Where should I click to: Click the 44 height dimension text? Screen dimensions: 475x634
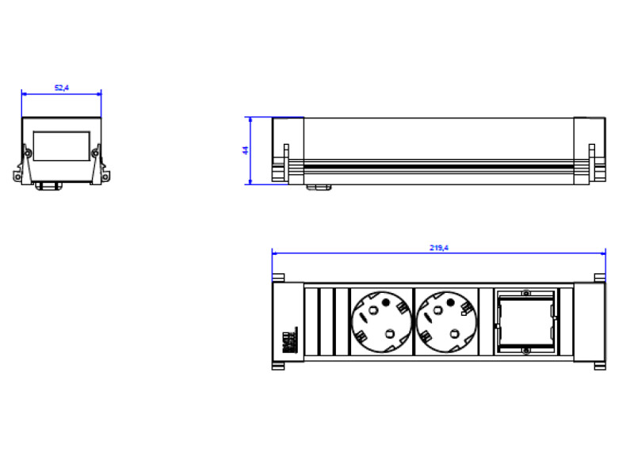coord(246,150)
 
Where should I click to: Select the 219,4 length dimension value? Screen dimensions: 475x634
coord(439,248)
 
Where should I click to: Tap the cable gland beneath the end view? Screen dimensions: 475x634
coord(46,186)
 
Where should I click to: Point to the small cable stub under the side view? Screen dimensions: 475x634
coord(319,188)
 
